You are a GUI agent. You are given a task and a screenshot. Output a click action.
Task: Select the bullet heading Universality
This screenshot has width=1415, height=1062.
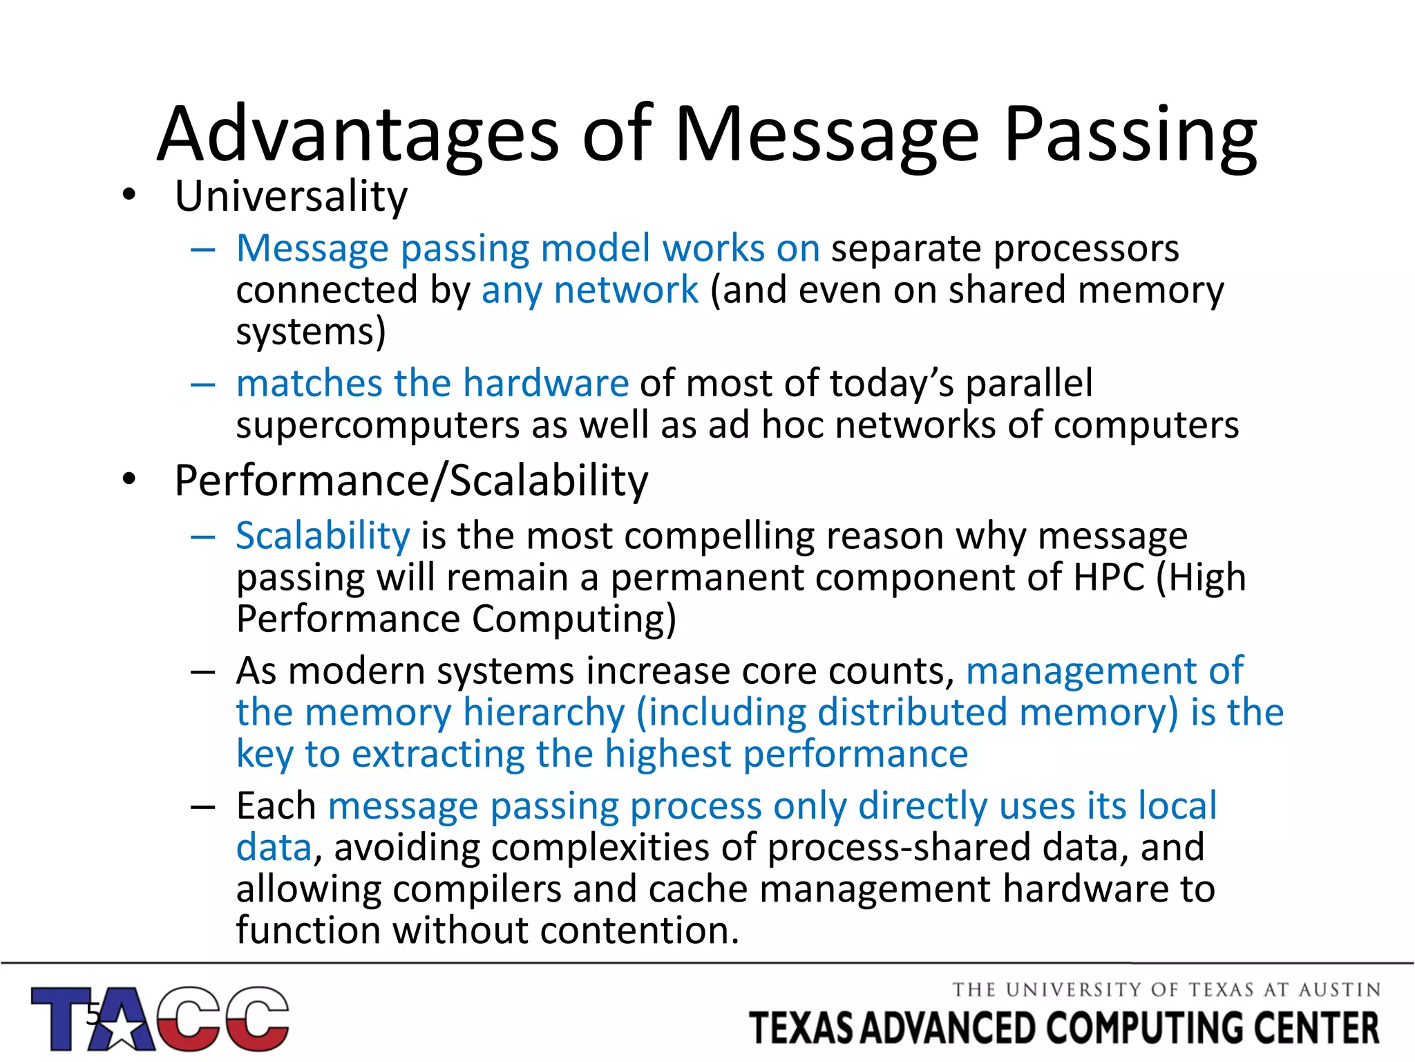coord(291,196)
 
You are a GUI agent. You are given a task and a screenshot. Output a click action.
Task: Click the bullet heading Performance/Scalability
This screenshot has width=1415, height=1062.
coord(411,481)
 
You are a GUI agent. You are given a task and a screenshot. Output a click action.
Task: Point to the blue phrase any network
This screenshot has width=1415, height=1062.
coord(589,290)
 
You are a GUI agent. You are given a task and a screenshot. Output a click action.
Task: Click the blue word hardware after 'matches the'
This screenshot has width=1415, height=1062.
coord(546,383)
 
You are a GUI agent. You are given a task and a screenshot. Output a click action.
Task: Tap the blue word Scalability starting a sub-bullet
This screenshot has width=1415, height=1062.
coord(323,536)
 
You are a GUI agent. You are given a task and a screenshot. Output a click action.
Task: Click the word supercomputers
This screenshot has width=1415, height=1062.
coord(377,425)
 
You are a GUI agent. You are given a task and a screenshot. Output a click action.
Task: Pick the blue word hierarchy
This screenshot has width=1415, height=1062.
coord(544,712)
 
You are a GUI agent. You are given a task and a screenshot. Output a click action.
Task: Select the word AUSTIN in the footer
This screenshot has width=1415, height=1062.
coord(1340,990)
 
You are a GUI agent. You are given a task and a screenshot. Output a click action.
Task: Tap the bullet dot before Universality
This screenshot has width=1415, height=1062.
coord(129,196)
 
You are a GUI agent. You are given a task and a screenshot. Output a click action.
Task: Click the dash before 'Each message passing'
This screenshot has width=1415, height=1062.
coord(203,806)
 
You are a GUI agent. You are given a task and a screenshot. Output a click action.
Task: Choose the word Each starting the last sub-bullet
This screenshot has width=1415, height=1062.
coord(276,806)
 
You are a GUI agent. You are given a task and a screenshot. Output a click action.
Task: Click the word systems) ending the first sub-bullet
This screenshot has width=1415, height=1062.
coord(310,333)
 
